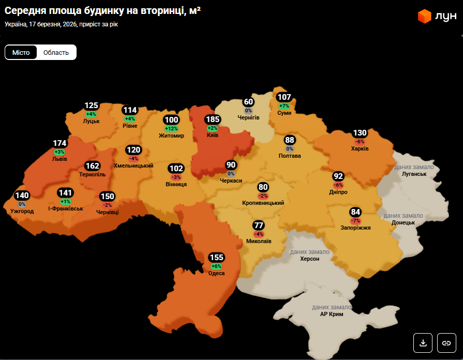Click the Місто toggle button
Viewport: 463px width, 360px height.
(x=21, y=52)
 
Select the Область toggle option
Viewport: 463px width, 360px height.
(x=56, y=52)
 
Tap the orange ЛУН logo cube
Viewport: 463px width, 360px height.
(x=425, y=17)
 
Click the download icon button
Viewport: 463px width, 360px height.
(x=423, y=342)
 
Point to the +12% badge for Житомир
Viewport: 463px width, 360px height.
(x=171, y=129)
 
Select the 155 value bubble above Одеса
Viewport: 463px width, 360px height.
(x=216, y=258)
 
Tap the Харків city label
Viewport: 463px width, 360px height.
(x=360, y=148)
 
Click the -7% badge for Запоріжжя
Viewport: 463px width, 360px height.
(x=355, y=221)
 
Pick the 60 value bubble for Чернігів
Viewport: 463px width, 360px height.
(x=248, y=102)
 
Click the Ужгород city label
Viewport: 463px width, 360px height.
(x=22, y=211)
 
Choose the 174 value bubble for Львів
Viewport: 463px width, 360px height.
(x=59, y=143)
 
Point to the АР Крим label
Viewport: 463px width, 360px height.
(x=331, y=314)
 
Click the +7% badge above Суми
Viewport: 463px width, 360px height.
(x=284, y=106)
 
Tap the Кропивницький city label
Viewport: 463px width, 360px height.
(x=263, y=203)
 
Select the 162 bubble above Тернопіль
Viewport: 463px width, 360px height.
(x=93, y=166)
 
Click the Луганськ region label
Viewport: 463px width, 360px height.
(x=414, y=174)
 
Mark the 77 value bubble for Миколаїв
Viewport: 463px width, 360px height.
(x=259, y=226)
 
